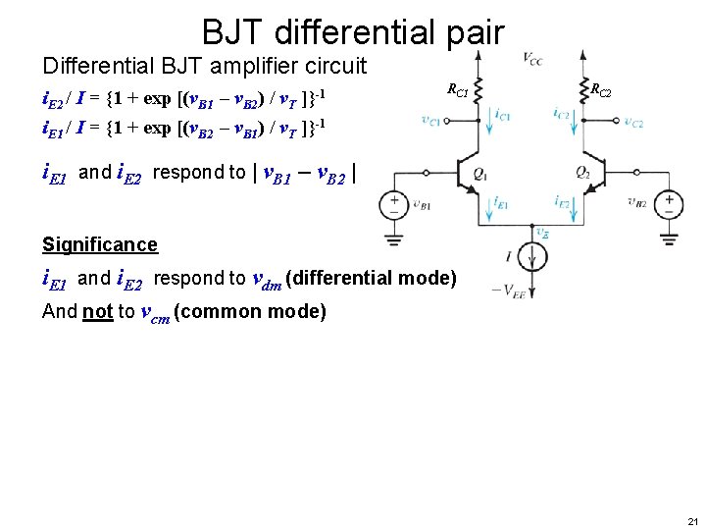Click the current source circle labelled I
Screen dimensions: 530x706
(x=534, y=257)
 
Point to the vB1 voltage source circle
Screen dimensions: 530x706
(x=394, y=204)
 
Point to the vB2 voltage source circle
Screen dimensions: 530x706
(x=670, y=204)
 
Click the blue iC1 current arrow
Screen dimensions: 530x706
(x=488, y=116)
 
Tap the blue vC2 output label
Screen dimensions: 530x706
(x=633, y=123)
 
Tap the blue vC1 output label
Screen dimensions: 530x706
(x=430, y=122)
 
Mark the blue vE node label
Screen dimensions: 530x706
(x=542, y=233)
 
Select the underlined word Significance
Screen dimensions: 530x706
(x=100, y=244)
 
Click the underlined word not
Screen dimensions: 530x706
(x=98, y=312)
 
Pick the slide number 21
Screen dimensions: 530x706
(x=693, y=520)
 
